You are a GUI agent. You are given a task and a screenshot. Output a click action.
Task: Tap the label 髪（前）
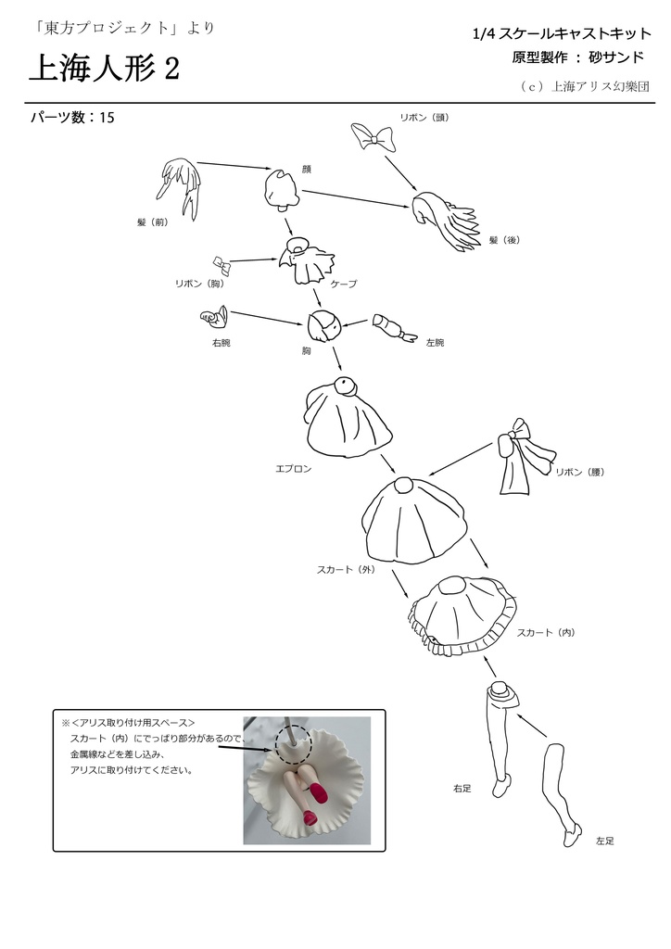153,222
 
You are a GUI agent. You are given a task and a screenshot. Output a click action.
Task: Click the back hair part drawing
449,221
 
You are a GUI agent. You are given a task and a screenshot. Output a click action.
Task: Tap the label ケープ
340,284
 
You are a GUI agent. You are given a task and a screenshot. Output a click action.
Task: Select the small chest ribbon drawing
221,265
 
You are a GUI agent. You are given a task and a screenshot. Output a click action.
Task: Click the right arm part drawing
214,318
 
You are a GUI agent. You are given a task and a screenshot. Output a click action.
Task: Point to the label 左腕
435,343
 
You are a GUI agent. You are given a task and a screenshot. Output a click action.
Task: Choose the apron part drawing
345,417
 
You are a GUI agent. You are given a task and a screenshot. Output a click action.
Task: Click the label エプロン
293,469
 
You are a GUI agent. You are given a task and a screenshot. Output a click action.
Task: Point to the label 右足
462,788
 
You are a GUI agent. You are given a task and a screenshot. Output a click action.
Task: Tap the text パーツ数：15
72,118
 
